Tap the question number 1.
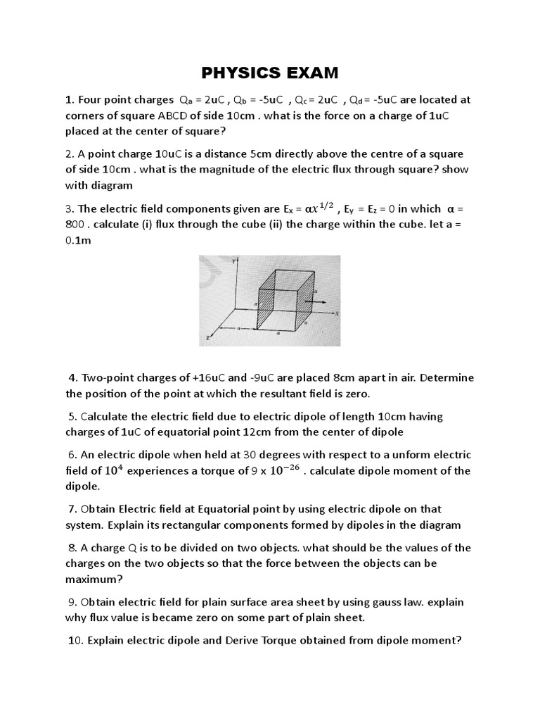pyautogui.click(x=69, y=99)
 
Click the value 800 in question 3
pyautogui.click(x=79, y=225)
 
